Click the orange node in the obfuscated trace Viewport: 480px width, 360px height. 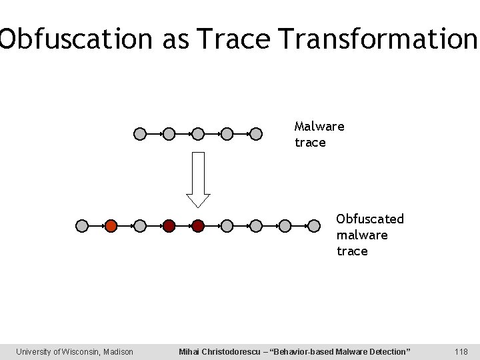(x=111, y=226)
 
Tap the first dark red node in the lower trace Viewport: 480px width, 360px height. (x=169, y=226)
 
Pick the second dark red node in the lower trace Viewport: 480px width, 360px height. (x=198, y=226)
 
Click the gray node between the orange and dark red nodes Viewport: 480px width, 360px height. (x=140, y=226)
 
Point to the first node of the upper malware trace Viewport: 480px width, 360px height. (x=140, y=134)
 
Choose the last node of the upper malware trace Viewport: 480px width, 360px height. (x=256, y=134)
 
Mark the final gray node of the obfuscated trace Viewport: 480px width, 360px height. (x=314, y=226)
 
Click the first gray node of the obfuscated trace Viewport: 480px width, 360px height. (x=82, y=226)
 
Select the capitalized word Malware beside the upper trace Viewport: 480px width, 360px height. (x=319, y=125)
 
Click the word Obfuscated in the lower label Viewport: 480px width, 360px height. (x=370, y=219)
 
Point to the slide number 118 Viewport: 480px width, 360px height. (x=461, y=351)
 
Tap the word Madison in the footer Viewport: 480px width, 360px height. (x=117, y=351)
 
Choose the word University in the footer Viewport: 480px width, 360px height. (x=32, y=351)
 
